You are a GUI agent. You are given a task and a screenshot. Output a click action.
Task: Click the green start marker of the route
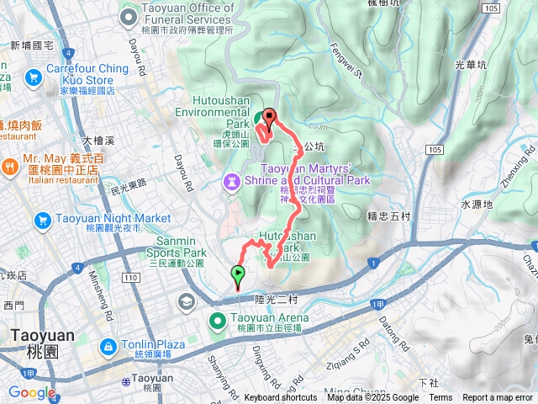[x=238, y=273]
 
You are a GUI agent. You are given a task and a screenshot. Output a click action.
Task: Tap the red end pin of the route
[x=271, y=118]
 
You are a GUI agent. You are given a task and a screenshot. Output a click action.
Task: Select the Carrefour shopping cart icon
[x=34, y=78]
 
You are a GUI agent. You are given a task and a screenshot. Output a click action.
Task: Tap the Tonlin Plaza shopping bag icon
[x=108, y=347]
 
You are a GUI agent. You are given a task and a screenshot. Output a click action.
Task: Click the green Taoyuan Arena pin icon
[x=216, y=320]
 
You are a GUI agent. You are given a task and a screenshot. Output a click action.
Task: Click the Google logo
[x=31, y=392]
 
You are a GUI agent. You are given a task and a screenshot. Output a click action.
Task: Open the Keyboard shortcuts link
[x=280, y=398]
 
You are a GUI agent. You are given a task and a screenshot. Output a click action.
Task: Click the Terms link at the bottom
[x=440, y=398]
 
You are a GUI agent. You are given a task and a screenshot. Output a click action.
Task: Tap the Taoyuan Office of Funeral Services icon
[x=129, y=15]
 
